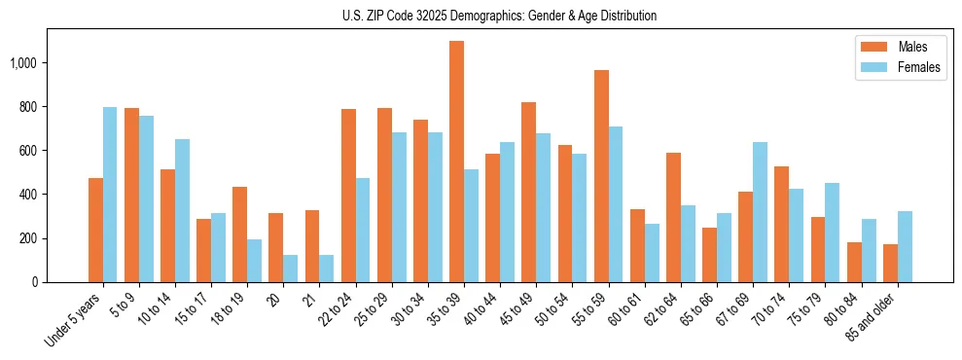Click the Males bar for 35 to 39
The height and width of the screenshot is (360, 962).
tap(456, 162)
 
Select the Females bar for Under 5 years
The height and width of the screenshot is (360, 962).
tap(110, 195)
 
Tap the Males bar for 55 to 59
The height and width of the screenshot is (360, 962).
tap(601, 176)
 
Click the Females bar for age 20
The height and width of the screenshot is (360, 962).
tap(290, 269)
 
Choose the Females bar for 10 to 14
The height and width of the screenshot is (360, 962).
tap(182, 210)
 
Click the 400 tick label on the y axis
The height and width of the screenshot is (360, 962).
tap(28, 195)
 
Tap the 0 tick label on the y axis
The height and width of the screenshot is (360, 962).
tap(35, 282)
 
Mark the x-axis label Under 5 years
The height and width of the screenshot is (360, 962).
tap(76, 320)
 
